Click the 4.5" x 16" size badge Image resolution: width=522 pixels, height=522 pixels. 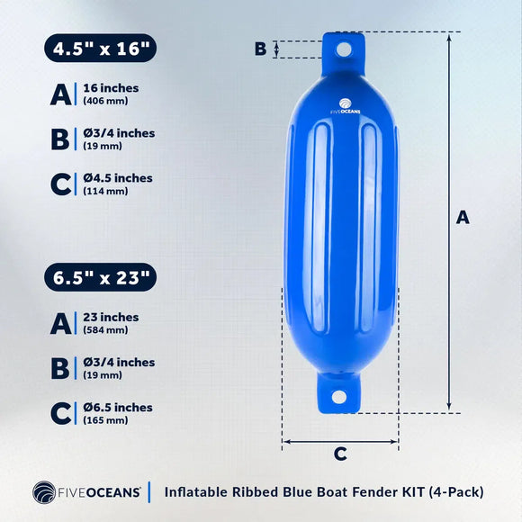tap(100, 48)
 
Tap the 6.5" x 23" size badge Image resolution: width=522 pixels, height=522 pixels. tap(100, 277)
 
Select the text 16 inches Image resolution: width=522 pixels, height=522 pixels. tap(111, 88)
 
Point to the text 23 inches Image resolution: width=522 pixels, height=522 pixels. tap(111, 317)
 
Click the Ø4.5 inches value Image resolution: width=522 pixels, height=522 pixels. tap(118, 178)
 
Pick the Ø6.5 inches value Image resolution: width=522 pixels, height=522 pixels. tap(118, 407)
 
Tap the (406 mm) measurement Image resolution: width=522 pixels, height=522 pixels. tap(106, 101)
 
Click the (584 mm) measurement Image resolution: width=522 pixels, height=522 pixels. tap(106, 329)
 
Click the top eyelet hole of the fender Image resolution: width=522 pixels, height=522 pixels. tap(343, 50)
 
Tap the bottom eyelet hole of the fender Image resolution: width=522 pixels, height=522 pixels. tap(339, 397)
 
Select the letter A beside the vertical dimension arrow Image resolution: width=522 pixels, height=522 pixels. tap(463, 217)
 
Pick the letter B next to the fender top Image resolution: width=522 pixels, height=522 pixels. tap(260, 49)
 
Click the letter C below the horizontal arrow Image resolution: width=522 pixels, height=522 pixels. tap(340, 454)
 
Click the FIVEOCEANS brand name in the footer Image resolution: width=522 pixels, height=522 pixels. tap(101, 492)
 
